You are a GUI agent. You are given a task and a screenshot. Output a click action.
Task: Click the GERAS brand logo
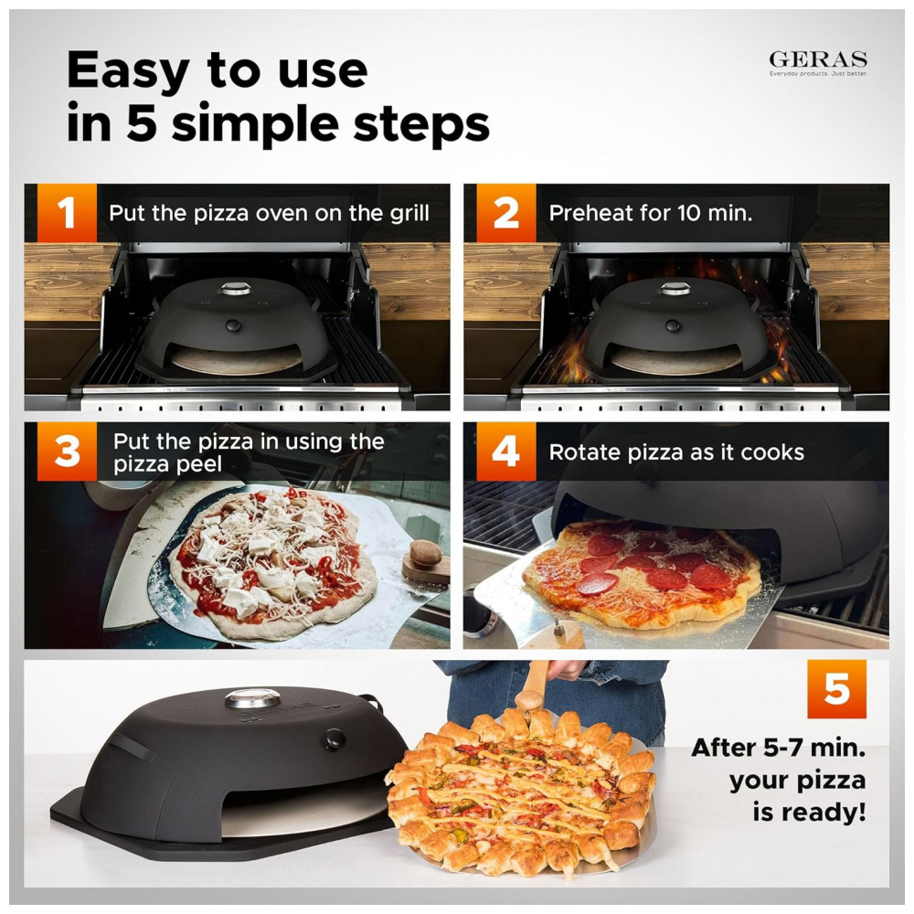pos(818,63)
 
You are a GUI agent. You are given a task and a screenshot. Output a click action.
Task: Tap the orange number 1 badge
pos(67,213)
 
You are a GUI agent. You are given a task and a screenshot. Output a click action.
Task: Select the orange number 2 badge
pos(506,213)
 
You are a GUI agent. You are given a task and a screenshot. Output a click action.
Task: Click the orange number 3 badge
pos(67,452)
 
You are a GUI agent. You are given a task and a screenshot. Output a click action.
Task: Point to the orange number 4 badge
pos(506,452)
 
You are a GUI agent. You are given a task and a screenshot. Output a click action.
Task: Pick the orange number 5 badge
pos(836,689)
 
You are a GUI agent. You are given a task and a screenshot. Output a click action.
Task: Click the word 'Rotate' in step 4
pos(585,452)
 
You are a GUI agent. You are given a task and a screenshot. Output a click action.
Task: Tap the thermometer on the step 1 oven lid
pos(236,288)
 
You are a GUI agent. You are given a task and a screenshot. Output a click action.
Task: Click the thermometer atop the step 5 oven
pos(253,698)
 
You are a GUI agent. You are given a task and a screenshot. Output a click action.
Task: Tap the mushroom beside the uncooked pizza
pos(426,554)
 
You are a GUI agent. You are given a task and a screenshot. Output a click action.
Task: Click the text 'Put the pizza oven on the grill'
pos(270,214)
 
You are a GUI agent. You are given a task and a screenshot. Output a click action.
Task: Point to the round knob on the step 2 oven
pos(673,326)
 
